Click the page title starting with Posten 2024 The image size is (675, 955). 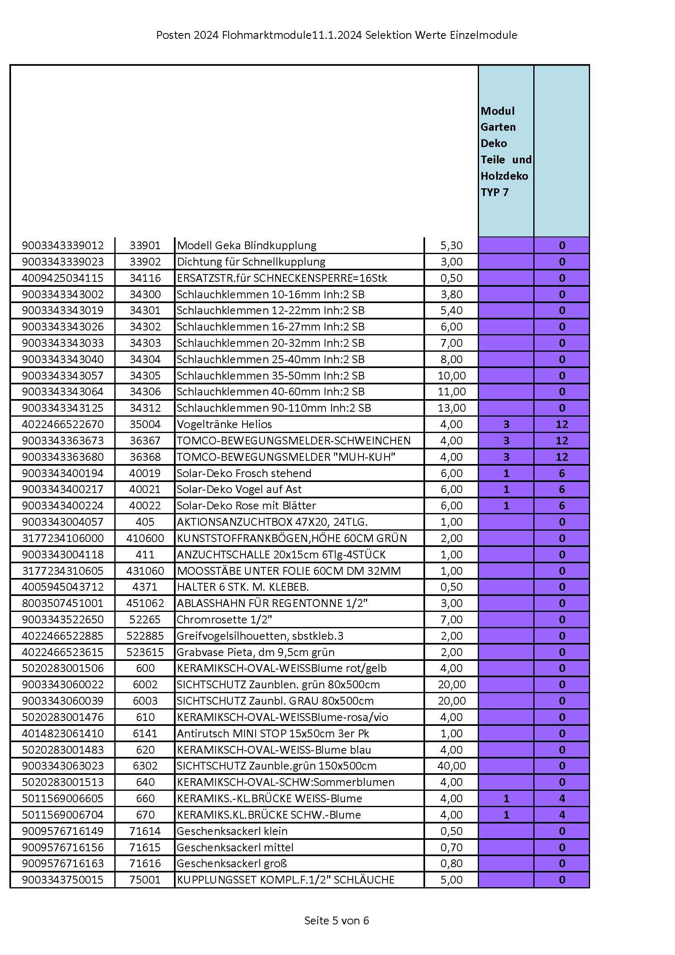pyautogui.click(x=336, y=35)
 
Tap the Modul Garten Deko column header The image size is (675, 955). pyautogui.click(x=506, y=152)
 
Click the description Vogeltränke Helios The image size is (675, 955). pyautogui.click(x=224, y=424)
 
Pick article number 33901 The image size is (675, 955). pyautogui.click(x=145, y=245)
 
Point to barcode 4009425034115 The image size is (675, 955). pyautogui.click(x=63, y=278)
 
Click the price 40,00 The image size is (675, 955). pyautogui.click(x=451, y=766)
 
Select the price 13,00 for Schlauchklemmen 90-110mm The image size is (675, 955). pyautogui.click(x=451, y=408)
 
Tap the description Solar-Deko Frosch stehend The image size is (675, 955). pyautogui.click(x=244, y=473)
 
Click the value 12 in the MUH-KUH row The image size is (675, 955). pyautogui.click(x=561, y=457)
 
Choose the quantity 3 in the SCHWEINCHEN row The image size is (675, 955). pyautogui.click(x=506, y=440)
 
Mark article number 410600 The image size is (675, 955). pyautogui.click(x=145, y=538)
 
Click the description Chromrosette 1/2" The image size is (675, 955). pyautogui.click(x=224, y=620)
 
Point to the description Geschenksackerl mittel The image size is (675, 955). pyautogui.click(x=235, y=847)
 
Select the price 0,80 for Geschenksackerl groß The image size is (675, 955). pyautogui.click(x=451, y=864)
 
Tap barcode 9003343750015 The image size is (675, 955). pyautogui.click(x=63, y=880)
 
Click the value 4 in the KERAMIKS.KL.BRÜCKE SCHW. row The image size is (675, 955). pyautogui.click(x=561, y=815)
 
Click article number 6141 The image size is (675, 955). pyautogui.click(x=145, y=733)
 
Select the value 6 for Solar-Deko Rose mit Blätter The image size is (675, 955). pyautogui.click(x=561, y=506)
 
